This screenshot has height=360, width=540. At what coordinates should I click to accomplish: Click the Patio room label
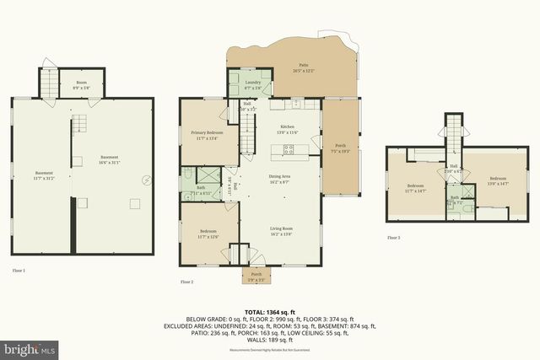[303, 65]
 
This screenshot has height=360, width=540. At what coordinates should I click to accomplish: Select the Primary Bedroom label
[206, 133]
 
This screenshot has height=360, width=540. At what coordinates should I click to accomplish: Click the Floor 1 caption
[19, 270]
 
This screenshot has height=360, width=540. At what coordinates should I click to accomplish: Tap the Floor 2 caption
[187, 282]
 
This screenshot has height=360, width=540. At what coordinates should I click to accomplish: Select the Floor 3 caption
[393, 238]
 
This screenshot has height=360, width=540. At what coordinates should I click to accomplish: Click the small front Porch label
[256, 273]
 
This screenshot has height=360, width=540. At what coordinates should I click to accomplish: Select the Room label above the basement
[81, 83]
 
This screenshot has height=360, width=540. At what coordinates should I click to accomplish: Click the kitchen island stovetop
[289, 151]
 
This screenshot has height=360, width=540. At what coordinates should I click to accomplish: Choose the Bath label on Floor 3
[454, 198]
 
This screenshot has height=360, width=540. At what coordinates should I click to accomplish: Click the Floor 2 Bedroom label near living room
[208, 232]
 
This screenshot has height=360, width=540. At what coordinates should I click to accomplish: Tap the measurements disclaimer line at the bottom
[269, 349]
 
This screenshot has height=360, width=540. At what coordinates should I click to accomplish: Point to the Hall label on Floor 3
[453, 167]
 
